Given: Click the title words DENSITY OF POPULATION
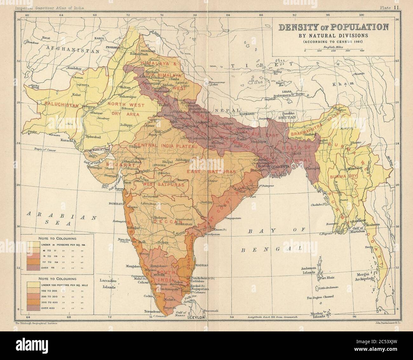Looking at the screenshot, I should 333,27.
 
